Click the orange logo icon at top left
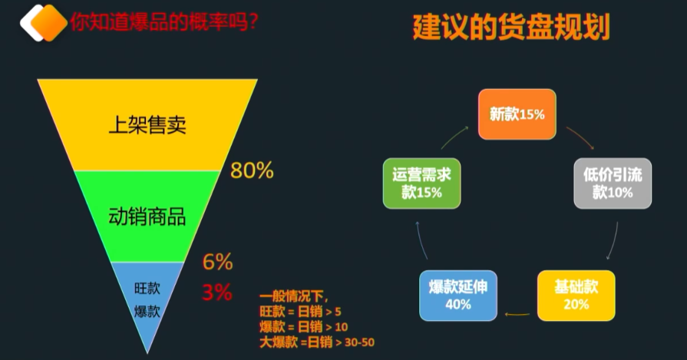click(x=44, y=21)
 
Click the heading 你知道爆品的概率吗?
click(x=163, y=23)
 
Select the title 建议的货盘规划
click(x=510, y=28)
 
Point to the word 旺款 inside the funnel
click(x=147, y=289)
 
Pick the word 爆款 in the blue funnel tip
click(x=147, y=312)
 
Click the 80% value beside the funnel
click(x=252, y=170)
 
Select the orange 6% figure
click(x=217, y=262)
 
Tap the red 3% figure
click(x=217, y=292)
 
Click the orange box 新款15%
click(x=517, y=114)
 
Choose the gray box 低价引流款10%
click(x=613, y=183)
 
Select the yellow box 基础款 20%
click(x=576, y=295)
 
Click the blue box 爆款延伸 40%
click(x=457, y=295)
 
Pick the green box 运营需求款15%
click(x=421, y=183)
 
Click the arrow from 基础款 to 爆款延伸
click(x=517, y=313)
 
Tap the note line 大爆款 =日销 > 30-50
click(x=316, y=342)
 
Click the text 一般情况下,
click(x=293, y=296)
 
